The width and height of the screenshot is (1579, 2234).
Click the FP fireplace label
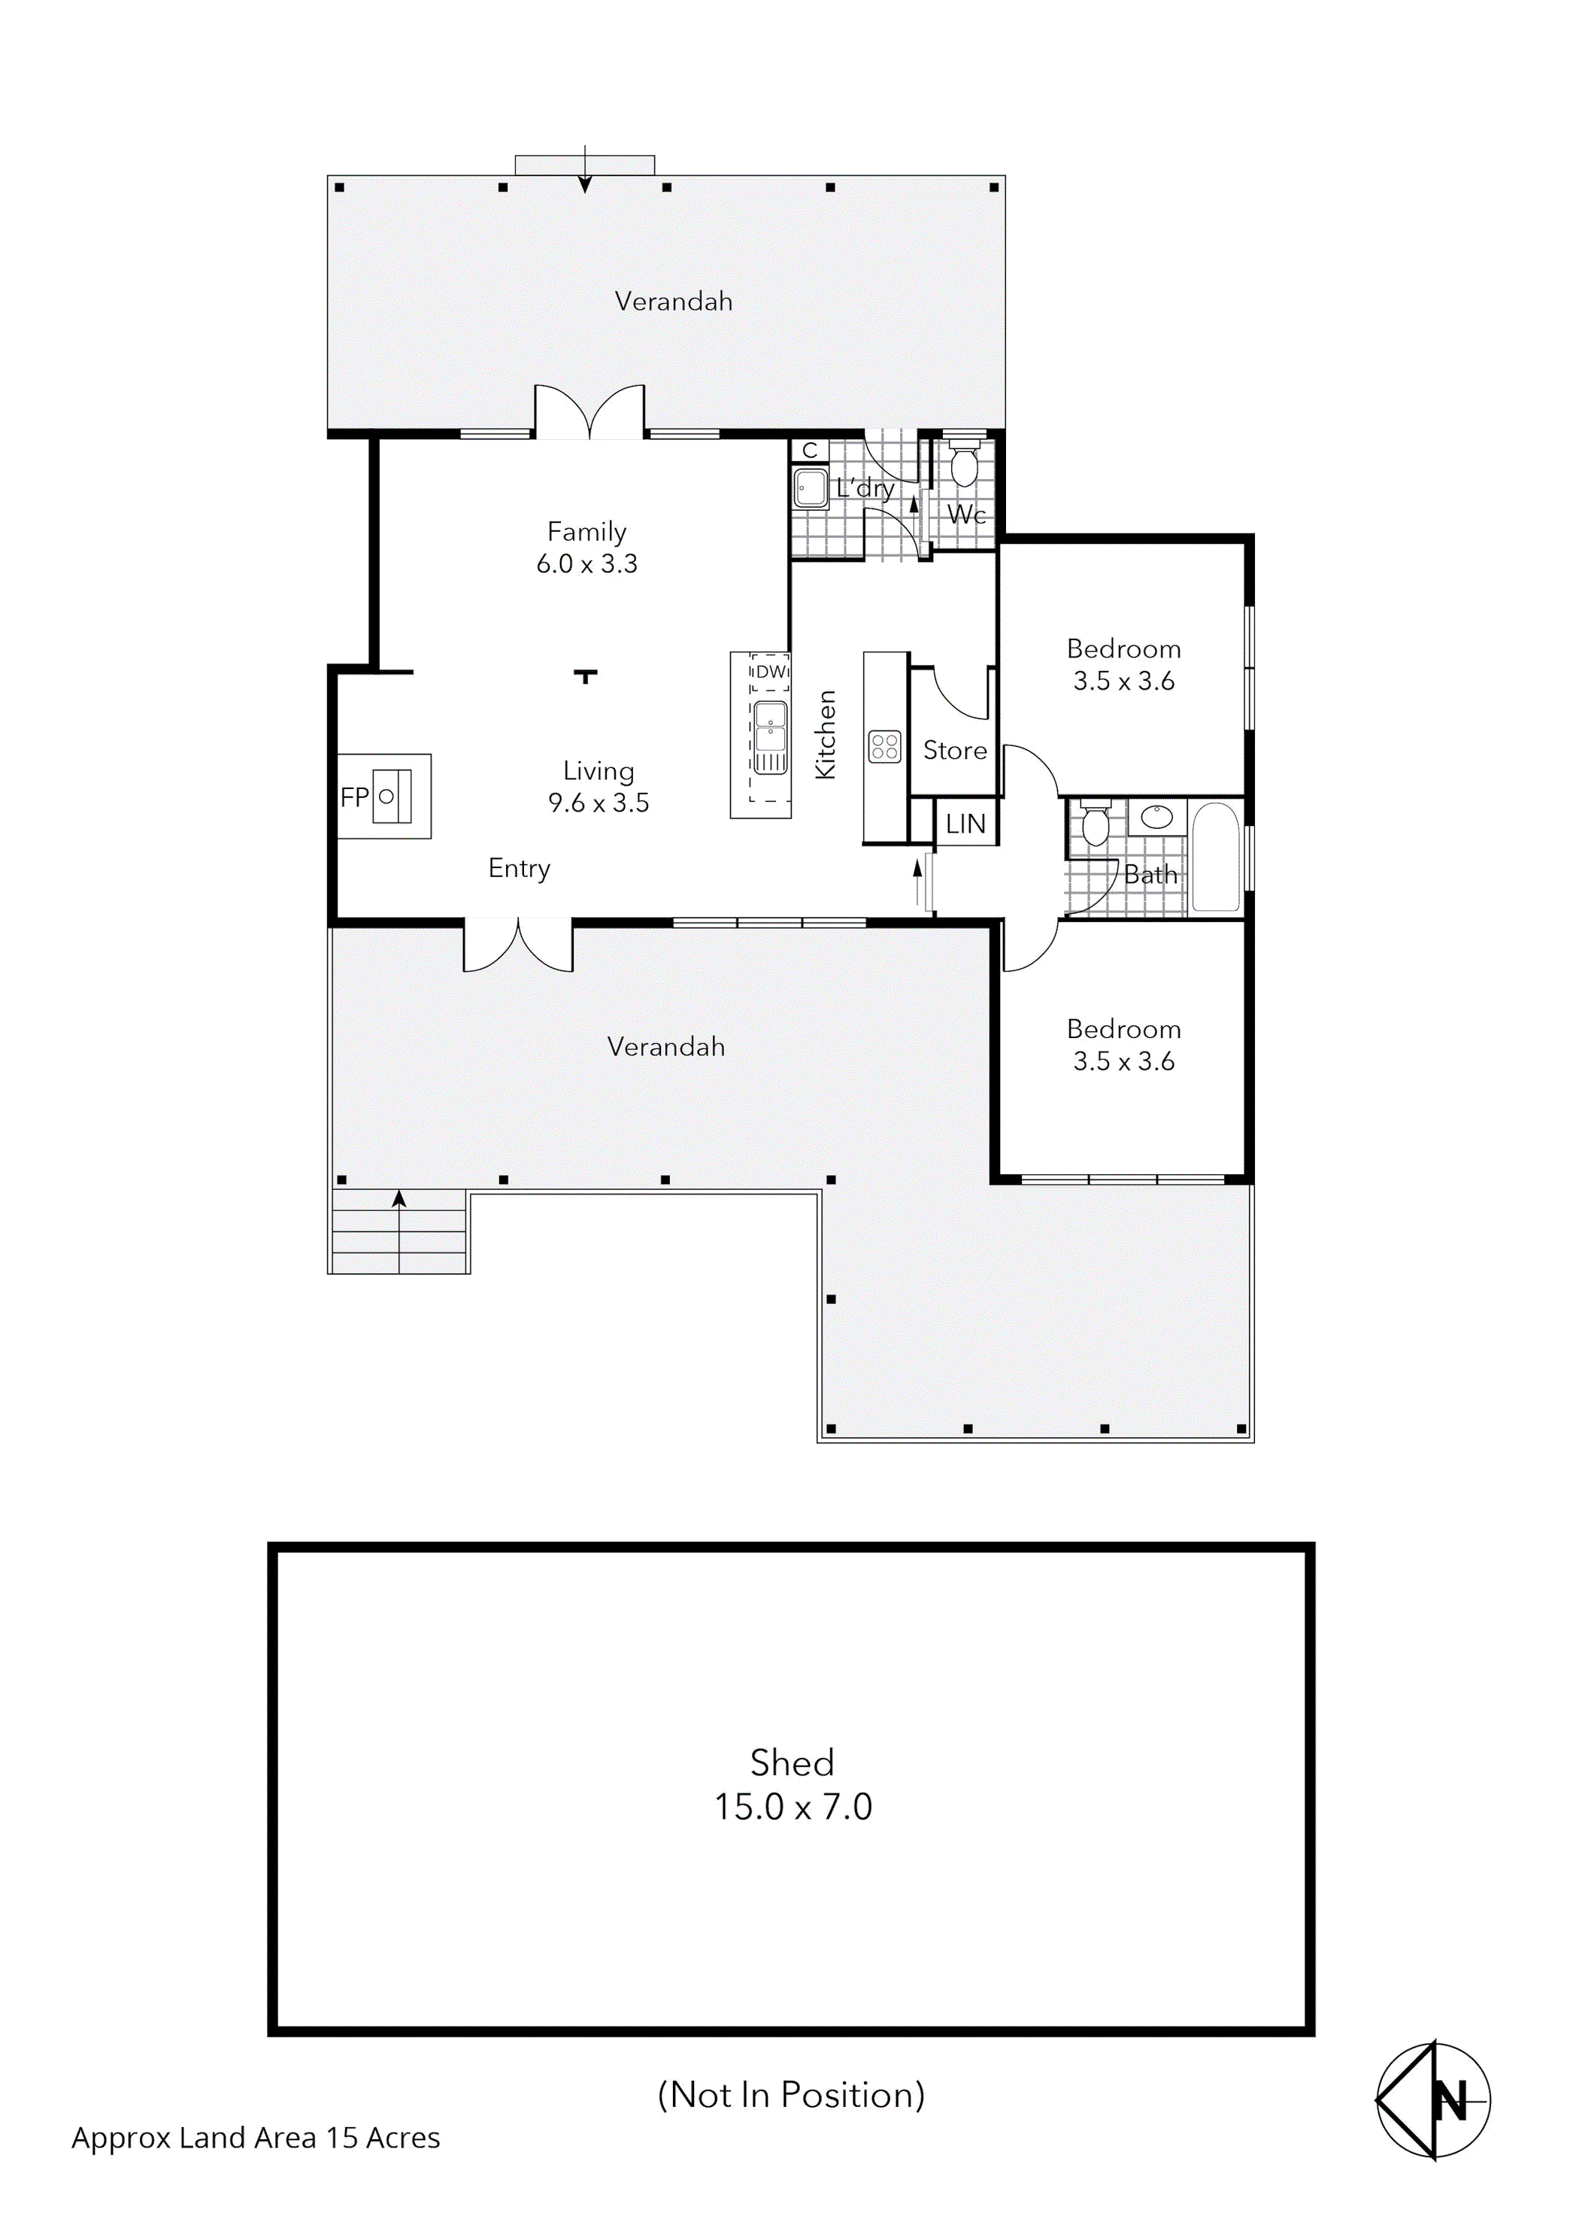click(x=353, y=798)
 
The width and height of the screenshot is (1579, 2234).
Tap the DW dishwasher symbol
click(x=771, y=672)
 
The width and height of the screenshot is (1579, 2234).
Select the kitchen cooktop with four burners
click(x=884, y=747)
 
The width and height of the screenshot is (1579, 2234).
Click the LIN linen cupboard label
click(x=965, y=824)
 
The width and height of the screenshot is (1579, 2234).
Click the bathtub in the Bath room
click(x=1215, y=856)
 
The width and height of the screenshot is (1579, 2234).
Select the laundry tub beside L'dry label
click(x=810, y=487)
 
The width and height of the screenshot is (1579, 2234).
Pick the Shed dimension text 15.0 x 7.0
click(x=793, y=1807)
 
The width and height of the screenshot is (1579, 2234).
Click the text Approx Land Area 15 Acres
click(x=256, y=2138)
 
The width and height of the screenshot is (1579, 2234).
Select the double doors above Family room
click(x=589, y=412)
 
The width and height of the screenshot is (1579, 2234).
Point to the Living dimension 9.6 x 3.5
click(x=599, y=803)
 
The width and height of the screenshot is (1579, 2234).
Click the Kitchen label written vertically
click(x=825, y=735)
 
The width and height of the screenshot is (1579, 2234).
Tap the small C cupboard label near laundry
click(x=810, y=451)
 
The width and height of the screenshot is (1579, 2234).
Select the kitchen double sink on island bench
click(x=771, y=736)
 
